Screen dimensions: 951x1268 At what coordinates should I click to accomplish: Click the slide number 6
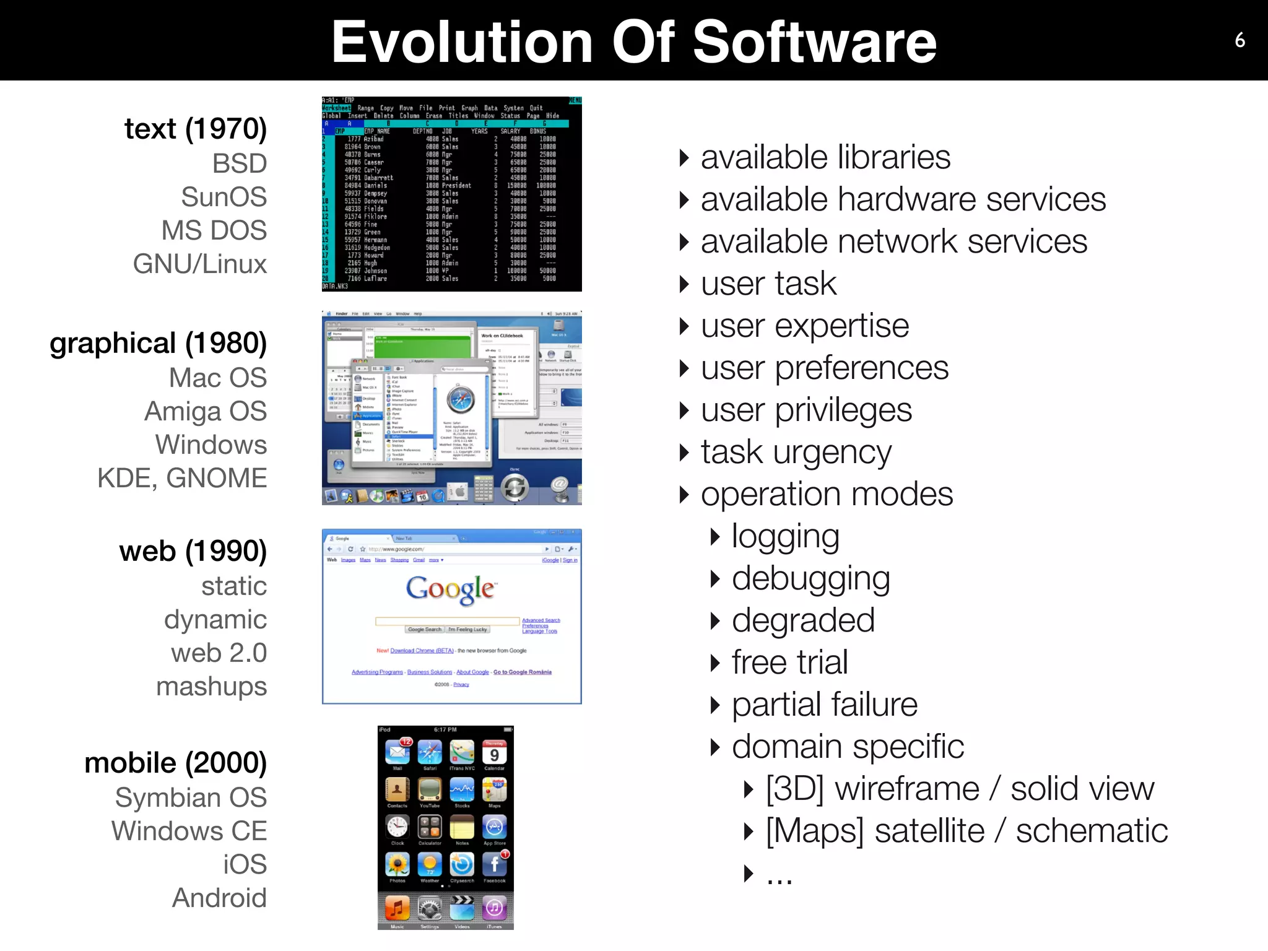pos(1240,40)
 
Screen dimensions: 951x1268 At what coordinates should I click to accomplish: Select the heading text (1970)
pos(196,129)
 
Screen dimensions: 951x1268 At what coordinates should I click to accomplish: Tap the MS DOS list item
pos(214,230)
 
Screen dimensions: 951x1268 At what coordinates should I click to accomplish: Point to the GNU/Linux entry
pos(200,264)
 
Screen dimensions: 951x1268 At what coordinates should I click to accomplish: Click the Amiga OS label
pos(206,411)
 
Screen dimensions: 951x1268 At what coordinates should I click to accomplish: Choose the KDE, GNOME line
pos(182,478)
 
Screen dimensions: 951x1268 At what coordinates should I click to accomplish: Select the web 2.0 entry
pos(219,653)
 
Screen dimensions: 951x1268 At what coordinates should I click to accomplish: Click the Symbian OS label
pos(191,797)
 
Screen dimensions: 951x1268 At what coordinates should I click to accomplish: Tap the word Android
pos(220,898)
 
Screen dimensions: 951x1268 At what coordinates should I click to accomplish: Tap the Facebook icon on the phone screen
pos(494,864)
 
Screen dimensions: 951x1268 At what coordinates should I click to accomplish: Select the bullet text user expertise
pos(805,326)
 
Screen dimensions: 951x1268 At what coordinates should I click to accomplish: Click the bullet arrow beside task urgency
pos(684,453)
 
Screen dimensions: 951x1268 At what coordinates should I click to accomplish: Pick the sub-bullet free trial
pos(790,662)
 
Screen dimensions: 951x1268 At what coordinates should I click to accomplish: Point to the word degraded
pos(803,620)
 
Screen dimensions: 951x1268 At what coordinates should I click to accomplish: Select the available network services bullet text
pos(894,241)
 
